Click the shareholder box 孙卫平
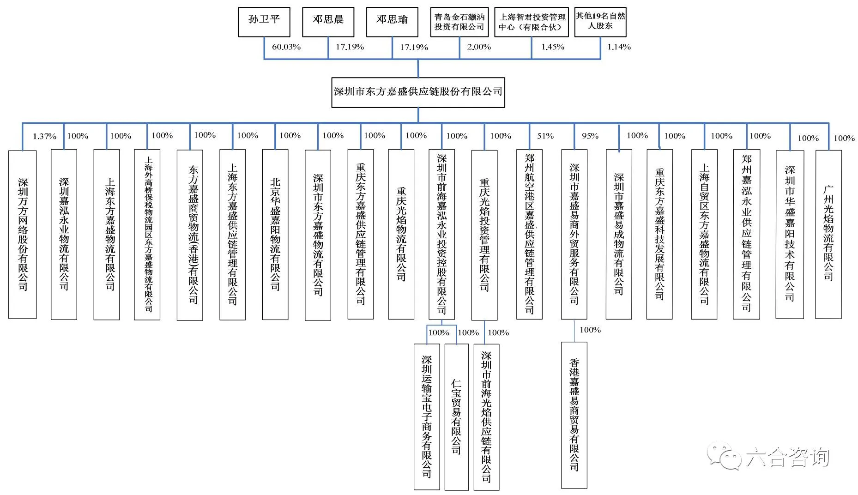point(264,22)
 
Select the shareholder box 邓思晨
point(328,22)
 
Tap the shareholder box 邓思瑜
point(392,22)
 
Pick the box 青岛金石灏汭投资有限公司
point(459,22)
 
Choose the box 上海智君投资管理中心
point(532,22)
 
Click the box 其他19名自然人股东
point(600,22)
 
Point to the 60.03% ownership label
point(286,47)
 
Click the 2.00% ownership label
point(479,47)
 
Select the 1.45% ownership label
point(553,47)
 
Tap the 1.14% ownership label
point(619,47)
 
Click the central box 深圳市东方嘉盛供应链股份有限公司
point(418,92)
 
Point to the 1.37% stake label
point(44,137)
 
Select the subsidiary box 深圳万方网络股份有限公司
point(23,234)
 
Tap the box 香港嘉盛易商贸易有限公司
point(574,415)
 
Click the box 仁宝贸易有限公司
point(456,417)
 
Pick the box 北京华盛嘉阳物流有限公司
point(275,234)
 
